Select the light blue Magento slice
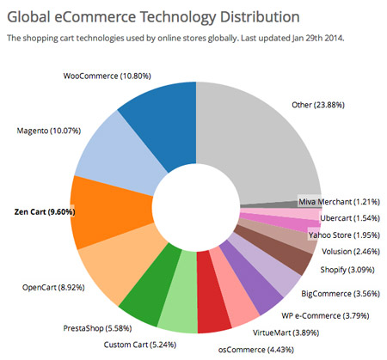118,155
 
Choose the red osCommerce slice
212,292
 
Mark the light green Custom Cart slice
179,292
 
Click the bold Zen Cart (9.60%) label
45,212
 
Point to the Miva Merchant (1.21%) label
339,202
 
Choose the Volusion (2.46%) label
351,252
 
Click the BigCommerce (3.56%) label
341,294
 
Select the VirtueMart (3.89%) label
286,333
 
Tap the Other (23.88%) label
318,105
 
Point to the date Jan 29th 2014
317,38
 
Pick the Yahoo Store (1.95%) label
344,235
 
